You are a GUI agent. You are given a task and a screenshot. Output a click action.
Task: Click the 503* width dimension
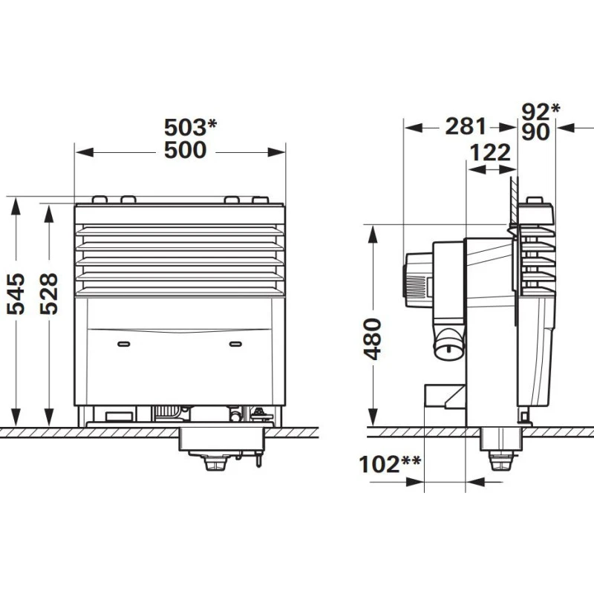pyautogui.click(x=190, y=127)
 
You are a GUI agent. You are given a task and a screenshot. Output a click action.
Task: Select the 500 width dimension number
pyautogui.click(x=185, y=150)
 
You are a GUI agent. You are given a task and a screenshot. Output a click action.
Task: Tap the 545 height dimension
pyautogui.click(x=16, y=293)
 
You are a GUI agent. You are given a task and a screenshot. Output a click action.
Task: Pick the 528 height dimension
pyautogui.click(x=49, y=293)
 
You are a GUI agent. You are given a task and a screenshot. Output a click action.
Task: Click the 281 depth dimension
pyautogui.click(x=466, y=126)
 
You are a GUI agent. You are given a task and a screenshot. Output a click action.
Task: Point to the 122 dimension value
pyautogui.click(x=490, y=153)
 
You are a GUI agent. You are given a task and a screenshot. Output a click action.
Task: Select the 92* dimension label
pyautogui.click(x=541, y=111)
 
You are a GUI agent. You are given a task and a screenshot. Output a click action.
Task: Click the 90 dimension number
pyautogui.click(x=535, y=132)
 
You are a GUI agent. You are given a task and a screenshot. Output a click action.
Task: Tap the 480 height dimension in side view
pyautogui.click(x=373, y=339)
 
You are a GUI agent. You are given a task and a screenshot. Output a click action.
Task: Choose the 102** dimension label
pyautogui.click(x=389, y=464)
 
